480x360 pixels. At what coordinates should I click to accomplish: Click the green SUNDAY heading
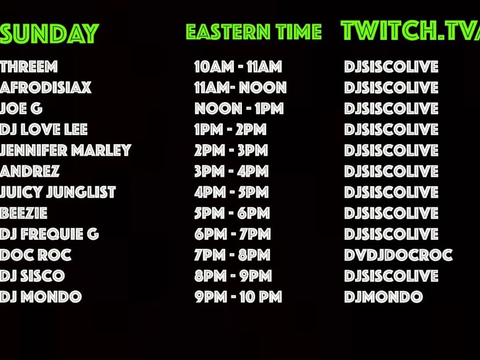point(50,34)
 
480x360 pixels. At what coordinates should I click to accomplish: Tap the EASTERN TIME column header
point(254,32)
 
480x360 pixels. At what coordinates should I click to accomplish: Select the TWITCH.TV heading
point(410,31)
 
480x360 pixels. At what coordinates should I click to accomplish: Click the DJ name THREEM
point(29,67)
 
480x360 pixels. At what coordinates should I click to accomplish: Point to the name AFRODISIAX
point(46,88)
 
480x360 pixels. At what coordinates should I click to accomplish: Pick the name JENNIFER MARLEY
point(66,150)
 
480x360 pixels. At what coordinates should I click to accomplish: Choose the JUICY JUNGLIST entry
point(58,192)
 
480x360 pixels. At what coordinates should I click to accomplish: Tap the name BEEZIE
point(24,213)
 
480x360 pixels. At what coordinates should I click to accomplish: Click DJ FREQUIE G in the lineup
point(50,234)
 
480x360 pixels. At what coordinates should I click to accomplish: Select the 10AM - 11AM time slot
point(238,67)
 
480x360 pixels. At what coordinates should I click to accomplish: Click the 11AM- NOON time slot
point(240,88)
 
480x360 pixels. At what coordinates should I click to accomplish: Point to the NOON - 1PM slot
point(239,109)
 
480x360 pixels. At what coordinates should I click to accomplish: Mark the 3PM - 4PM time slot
point(231,171)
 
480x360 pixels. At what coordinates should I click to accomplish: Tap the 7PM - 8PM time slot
point(232,255)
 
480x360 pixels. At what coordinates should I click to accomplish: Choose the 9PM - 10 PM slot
point(238,297)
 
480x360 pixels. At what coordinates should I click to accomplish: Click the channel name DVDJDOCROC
point(398,255)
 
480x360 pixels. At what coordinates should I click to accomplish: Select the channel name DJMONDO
point(384,297)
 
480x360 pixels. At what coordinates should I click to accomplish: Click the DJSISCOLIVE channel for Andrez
point(392,171)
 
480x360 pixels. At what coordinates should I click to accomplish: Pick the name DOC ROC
point(36,255)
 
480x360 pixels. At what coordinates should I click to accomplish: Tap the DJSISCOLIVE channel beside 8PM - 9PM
point(392,276)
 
